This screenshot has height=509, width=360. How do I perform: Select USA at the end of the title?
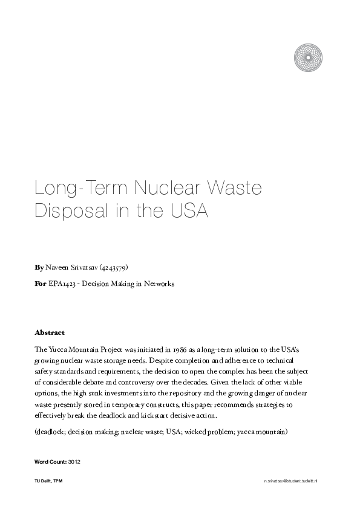pos(189,213)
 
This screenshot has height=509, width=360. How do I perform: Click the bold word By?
pos(39,266)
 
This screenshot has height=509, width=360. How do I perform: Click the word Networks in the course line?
pos(159,283)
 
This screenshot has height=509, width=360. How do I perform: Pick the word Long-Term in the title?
pos(67,189)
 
